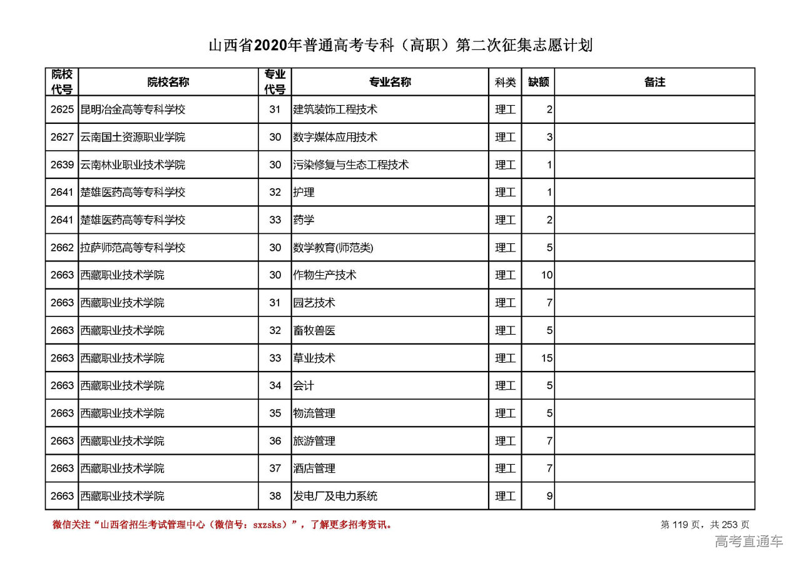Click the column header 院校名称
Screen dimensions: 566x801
click(x=168, y=82)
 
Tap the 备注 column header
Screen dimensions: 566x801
click(x=654, y=82)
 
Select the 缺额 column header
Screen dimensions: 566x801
click(x=538, y=82)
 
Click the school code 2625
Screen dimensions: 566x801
click(x=62, y=109)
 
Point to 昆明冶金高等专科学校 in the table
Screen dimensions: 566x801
click(x=133, y=109)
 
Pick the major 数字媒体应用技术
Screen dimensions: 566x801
click(x=335, y=137)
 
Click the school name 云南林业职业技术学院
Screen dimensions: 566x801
click(x=133, y=165)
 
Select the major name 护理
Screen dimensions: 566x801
click(x=304, y=193)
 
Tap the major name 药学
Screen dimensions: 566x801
click(x=304, y=220)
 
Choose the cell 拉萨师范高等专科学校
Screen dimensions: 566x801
click(x=133, y=248)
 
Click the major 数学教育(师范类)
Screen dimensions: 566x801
click(x=333, y=248)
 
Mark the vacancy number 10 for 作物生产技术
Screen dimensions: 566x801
click(x=547, y=275)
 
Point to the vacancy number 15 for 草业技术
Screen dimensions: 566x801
click(x=547, y=358)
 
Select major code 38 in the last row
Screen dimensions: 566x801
click(x=275, y=496)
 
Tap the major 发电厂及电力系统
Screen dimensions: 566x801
click(x=335, y=496)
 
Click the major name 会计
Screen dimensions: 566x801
click(x=304, y=386)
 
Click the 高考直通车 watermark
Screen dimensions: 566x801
click(x=748, y=542)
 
